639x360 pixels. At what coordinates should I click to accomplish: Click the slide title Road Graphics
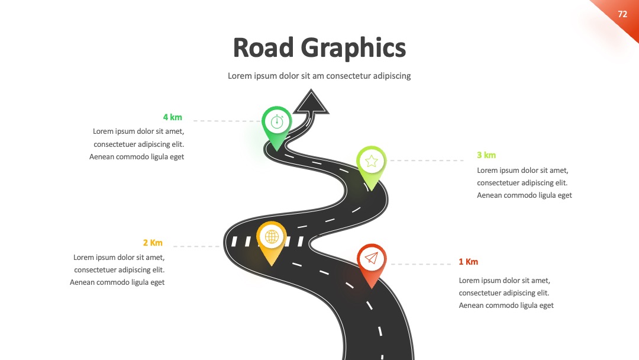(319, 48)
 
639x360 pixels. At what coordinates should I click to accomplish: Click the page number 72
(622, 14)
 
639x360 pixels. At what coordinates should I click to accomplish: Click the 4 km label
(172, 117)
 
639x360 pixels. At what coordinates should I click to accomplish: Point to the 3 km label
(486, 155)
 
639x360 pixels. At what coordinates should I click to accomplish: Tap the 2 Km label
(153, 243)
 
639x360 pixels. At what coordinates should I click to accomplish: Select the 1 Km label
(468, 262)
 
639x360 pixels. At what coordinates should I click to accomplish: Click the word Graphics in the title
(353, 48)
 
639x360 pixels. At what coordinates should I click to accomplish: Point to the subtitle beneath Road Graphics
(319, 76)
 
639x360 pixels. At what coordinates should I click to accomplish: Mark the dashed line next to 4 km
(227, 121)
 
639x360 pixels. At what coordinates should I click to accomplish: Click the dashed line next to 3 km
(427, 160)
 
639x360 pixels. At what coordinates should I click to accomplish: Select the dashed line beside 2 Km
(196, 246)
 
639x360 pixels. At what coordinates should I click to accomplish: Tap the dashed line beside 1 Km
(421, 264)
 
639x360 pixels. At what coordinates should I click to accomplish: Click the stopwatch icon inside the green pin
(277, 121)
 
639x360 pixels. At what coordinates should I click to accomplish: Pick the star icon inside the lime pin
(371, 161)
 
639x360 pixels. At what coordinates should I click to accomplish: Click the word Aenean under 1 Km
(472, 306)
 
